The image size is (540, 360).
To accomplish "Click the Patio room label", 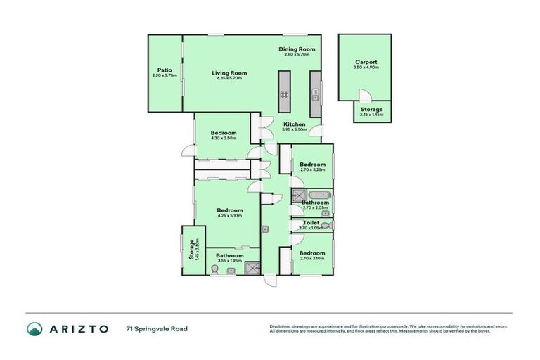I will pos(165,70).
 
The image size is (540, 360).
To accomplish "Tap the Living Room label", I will pos(229,72).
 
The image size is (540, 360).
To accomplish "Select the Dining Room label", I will pos(296,49).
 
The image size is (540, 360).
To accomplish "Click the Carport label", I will pos(366,62).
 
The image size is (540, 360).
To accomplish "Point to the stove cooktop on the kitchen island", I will pos(285,94).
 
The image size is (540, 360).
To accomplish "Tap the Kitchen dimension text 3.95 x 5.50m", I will pos(293,130).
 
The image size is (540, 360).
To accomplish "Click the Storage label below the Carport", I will pos(372,110).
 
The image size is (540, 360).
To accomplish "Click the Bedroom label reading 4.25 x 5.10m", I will pos(229,210).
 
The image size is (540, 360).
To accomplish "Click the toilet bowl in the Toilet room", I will pos(326,225).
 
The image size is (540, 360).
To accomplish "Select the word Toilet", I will pos(309,222).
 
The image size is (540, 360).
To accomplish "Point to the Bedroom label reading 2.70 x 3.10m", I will pos(311,252).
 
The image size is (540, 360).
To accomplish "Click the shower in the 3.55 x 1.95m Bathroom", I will pos(252,266).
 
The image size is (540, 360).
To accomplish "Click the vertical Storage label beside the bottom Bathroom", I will pos(191,250).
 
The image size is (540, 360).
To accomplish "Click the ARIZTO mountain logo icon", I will pos(34,328).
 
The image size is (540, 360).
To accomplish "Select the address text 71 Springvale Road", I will pos(157,328).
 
